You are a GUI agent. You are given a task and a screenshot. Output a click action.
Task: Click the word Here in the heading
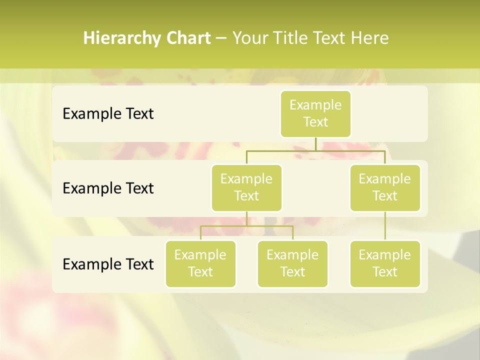[x=369, y=38]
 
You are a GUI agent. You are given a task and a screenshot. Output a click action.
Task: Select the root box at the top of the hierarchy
[x=315, y=113]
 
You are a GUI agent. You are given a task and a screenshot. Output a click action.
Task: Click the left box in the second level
[x=246, y=187]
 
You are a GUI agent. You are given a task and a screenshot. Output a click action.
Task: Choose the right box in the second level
[x=385, y=187]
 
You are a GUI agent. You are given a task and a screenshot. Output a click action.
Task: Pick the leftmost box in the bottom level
[x=200, y=263]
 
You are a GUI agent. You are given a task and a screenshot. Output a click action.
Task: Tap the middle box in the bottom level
[x=292, y=263]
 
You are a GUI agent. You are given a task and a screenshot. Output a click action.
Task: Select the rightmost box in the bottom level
[x=385, y=263]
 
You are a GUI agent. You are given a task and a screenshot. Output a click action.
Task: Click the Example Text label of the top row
[x=108, y=113]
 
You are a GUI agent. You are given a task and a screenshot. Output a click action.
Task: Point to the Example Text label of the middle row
[x=108, y=188]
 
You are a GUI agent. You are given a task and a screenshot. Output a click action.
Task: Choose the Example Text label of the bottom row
[x=108, y=264]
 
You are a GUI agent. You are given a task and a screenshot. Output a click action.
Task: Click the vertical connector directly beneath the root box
[x=315, y=144]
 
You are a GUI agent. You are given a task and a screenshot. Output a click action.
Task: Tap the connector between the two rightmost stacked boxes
[x=385, y=226]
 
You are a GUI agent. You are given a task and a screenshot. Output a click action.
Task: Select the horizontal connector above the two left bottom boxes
[x=246, y=226]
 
